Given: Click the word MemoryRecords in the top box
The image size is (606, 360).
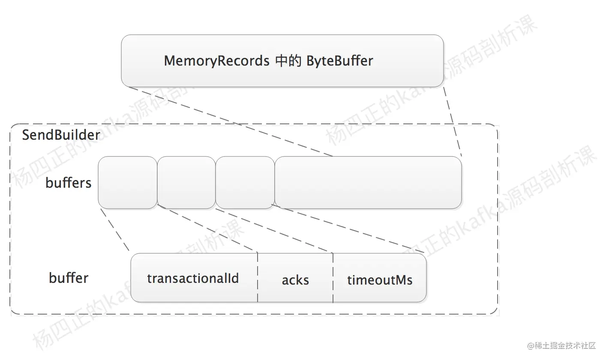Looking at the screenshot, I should [x=216, y=61].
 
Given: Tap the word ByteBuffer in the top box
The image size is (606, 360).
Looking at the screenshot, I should [x=339, y=61].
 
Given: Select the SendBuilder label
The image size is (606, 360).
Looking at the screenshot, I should [x=61, y=135].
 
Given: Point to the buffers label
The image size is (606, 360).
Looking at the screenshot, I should [x=69, y=183].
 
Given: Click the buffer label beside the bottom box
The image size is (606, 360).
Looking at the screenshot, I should [x=69, y=278].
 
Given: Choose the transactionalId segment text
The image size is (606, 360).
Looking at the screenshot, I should [x=193, y=279].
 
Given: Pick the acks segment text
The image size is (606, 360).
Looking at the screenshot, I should [x=295, y=280].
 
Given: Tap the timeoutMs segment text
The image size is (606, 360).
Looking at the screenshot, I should [x=380, y=280].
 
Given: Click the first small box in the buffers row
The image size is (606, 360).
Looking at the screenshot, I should [x=127, y=183].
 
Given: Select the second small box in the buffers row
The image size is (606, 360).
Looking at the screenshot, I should [x=186, y=183].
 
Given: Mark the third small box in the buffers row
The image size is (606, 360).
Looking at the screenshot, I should [x=245, y=183].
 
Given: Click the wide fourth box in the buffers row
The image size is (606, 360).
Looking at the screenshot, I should [x=368, y=183].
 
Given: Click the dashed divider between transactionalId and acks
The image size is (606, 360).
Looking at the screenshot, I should [x=258, y=278].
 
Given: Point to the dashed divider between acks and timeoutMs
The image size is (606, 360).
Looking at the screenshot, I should [x=333, y=278].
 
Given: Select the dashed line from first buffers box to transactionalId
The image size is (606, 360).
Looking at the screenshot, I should [x=114, y=230].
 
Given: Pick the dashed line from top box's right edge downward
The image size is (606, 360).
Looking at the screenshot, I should [x=453, y=122].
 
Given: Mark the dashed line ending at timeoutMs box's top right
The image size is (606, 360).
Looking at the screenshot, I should [x=348, y=229].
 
